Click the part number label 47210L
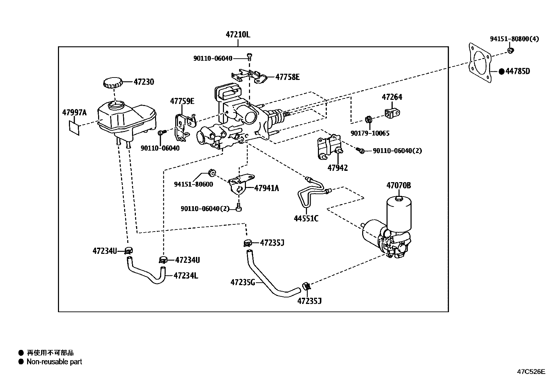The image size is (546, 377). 238,35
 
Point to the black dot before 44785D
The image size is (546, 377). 501,71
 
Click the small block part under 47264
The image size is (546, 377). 392,113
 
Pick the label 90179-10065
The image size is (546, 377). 370,133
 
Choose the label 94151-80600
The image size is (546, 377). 193,184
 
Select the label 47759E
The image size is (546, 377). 182,101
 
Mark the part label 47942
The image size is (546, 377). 337,168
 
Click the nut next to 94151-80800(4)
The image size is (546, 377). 510,51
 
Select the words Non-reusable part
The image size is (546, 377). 54,362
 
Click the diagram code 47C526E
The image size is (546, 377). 531,371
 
